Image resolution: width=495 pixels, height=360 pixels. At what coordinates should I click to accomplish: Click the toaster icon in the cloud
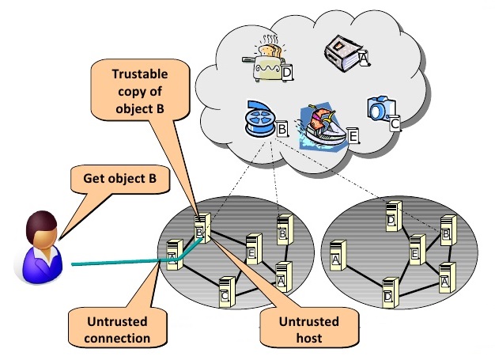click(x=266, y=61)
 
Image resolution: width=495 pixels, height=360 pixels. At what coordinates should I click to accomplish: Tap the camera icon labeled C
click(x=380, y=108)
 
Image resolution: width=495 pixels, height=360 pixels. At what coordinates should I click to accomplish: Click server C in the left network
click(x=226, y=291)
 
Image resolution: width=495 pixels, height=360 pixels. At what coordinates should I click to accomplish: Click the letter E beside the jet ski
click(x=353, y=136)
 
